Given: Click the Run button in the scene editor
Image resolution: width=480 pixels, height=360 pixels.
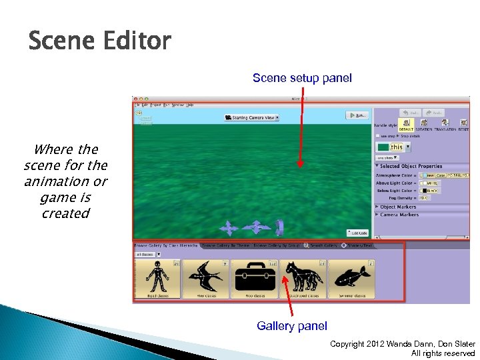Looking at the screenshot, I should click(357, 115).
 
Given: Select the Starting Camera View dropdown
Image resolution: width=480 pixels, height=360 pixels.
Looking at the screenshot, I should click(251, 117).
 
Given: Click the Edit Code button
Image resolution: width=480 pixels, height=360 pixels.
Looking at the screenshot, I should click(357, 233).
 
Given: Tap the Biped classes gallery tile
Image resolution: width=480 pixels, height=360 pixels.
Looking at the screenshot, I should click(157, 279).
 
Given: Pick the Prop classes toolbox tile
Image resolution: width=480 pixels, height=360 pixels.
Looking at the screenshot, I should click(254, 279).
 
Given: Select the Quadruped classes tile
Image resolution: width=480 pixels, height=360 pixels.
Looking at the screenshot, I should click(303, 279).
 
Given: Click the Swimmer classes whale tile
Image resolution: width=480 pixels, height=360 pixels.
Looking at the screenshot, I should click(351, 279).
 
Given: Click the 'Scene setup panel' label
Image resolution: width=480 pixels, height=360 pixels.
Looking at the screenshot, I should click(302, 79).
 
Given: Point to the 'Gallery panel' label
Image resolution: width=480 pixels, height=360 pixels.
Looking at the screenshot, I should click(292, 326).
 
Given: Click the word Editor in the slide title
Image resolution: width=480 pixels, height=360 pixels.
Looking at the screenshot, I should click(137, 42).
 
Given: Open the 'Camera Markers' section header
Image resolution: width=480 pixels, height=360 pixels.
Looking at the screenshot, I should click(401, 215).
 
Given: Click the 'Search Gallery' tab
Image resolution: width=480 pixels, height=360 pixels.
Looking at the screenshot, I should click(323, 245).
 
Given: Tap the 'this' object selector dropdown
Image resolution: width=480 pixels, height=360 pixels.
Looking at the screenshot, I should click(393, 147).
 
